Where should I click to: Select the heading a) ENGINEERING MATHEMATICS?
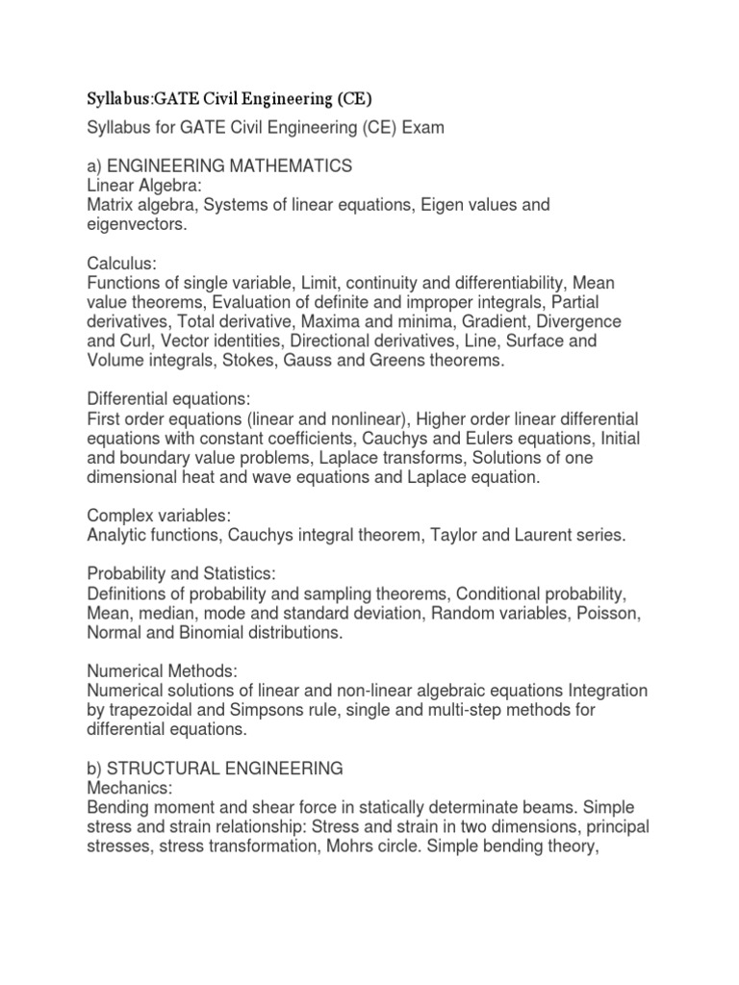pyautogui.click(x=218, y=166)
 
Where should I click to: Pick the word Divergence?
pyautogui.click(x=578, y=320)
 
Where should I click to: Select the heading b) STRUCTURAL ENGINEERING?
pyautogui.click(x=215, y=769)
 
